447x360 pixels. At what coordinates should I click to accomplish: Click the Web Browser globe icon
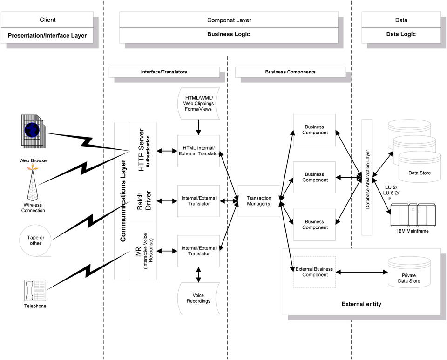pos(32,130)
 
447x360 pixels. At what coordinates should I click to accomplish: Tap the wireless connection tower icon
pos(32,184)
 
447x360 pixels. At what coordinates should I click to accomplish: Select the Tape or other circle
pos(35,240)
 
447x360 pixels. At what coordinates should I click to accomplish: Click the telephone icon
pos(34,290)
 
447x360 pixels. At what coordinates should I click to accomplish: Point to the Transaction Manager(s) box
pos(259,201)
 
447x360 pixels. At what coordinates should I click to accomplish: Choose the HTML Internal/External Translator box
pos(198,151)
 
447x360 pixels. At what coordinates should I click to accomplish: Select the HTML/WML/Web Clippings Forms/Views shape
pos(199,103)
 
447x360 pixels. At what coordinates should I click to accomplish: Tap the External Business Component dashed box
pos(315,272)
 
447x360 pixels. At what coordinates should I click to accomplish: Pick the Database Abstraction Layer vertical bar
pos(368,177)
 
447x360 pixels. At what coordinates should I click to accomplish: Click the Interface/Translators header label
pos(164,72)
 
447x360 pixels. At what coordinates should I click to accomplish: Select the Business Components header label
pos(290,72)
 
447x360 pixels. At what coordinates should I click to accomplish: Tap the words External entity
pos(361,304)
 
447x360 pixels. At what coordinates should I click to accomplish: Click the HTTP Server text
pos(142,150)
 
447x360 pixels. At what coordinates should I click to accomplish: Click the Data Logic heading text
pos(401,34)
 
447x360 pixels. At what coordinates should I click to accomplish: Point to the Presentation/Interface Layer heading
pos(47,35)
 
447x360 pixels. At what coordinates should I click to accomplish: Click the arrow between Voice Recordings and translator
pos(199,274)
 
